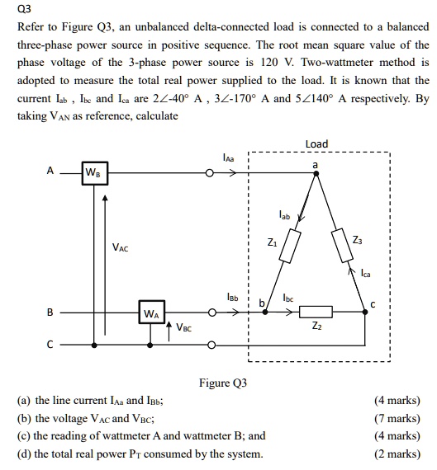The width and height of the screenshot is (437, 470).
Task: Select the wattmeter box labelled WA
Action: pyautogui.click(x=152, y=313)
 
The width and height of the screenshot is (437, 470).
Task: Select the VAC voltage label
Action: pyautogui.click(x=121, y=247)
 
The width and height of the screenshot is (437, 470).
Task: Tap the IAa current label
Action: pyautogui.click(x=229, y=157)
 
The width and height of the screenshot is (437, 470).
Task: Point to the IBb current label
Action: pyautogui.click(x=234, y=297)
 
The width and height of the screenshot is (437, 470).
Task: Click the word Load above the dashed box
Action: pyautogui.click(x=316, y=143)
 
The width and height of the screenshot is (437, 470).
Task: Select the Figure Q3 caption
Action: pyautogui.click(x=222, y=383)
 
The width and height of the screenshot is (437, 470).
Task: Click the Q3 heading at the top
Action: pyautogui.click(x=26, y=10)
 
